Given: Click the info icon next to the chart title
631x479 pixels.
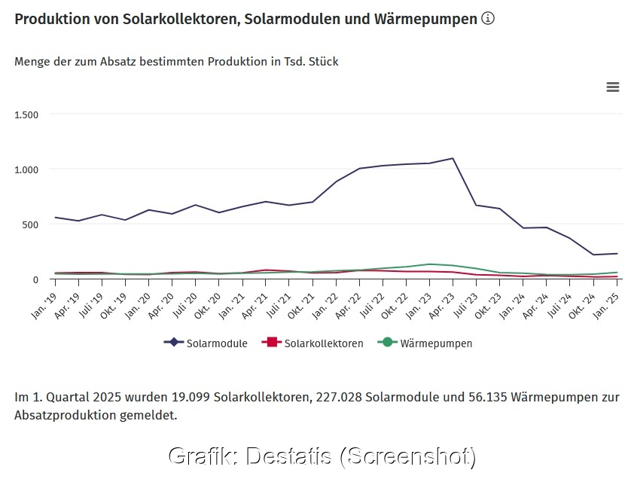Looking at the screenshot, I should tap(488, 18).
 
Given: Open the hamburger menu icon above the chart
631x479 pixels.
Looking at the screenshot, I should tap(613, 87).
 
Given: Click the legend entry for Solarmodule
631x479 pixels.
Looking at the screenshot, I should tap(206, 343).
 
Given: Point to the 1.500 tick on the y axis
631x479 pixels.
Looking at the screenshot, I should tap(26, 114).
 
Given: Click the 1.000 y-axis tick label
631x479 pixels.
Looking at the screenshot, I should tap(26, 169).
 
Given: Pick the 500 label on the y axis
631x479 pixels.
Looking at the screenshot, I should tap(30, 224).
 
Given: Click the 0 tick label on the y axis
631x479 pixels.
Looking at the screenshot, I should tap(35, 279).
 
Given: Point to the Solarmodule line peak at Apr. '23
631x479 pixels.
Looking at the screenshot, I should tap(453, 158).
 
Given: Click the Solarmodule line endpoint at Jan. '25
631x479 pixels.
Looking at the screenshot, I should tap(617, 254).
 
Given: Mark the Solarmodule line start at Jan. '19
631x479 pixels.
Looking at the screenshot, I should tap(55, 218).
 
